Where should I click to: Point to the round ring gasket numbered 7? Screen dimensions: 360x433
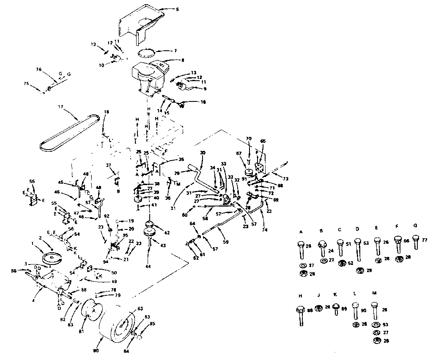(x=146, y=53)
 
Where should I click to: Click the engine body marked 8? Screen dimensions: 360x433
(x=148, y=76)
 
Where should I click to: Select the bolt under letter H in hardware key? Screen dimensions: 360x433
(x=301, y=315)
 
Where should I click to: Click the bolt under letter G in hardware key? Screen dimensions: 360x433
(x=415, y=243)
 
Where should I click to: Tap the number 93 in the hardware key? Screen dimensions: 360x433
(x=385, y=325)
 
